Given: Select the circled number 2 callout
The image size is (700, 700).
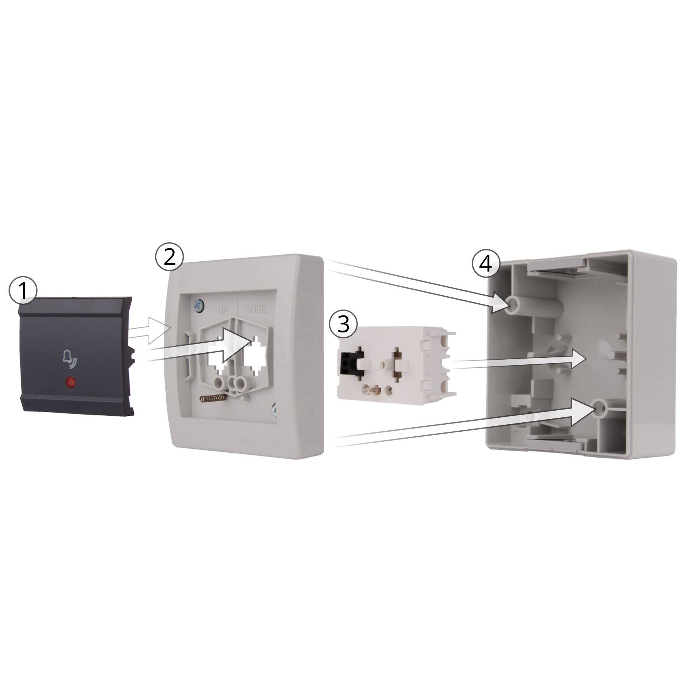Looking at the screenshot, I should tap(169, 257).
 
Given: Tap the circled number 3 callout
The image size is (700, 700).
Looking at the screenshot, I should tap(343, 324).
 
